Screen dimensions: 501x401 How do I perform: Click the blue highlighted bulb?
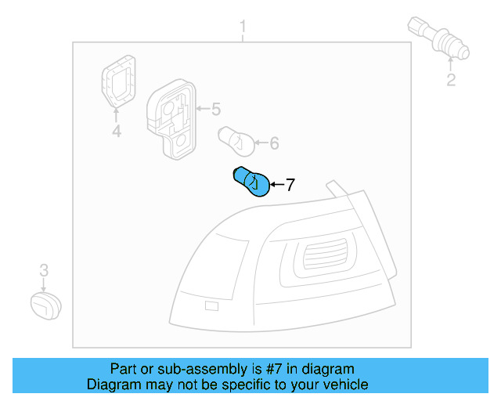click(x=251, y=182)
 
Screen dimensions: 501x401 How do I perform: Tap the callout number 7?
click(x=290, y=185)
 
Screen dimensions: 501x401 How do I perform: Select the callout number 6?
click(x=275, y=143)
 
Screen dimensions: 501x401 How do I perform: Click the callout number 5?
click(x=216, y=109)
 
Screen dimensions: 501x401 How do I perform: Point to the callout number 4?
click(x=117, y=131)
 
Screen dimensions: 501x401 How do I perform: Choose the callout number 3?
click(x=44, y=270)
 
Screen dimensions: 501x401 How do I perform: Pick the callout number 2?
click(x=451, y=80)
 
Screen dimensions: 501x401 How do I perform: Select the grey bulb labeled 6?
click(x=236, y=141)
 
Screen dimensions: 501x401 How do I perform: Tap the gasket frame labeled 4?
click(x=118, y=81)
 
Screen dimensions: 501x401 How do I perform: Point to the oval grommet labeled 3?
click(x=45, y=305)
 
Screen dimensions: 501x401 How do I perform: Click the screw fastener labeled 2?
click(x=438, y=38)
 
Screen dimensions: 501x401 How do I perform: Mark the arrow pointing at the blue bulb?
click(x=277, y=185)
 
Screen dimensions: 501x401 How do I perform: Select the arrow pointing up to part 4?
click(x=116, y=115)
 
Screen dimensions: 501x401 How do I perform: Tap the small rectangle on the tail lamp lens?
click(x=211, y=306)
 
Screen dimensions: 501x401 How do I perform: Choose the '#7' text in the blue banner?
click(x=274, y=369)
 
